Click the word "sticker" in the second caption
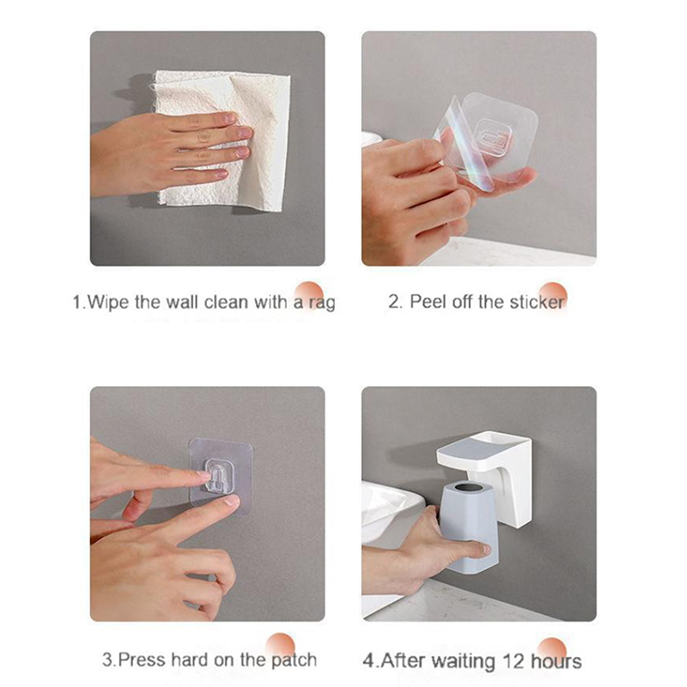(x=538, y=302)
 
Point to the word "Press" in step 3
(x=142, y=660)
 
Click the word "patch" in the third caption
(x=294, y=660)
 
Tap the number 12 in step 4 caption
(x=513, y=661)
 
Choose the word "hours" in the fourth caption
(x=556, y=661)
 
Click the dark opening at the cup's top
(x=469, y=487)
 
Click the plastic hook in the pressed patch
(x=219, y=476)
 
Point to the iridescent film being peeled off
(x=465, y=144)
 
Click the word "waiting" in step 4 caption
(x=469, y=661)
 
